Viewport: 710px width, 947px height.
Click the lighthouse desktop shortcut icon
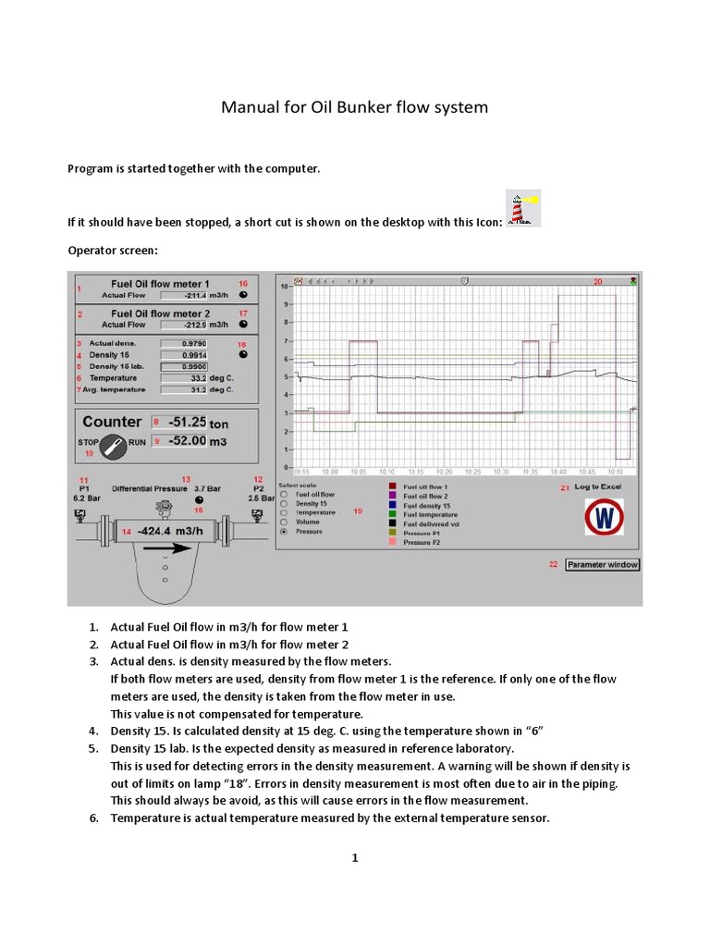523,208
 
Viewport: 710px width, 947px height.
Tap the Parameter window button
602,564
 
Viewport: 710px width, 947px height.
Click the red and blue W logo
604,517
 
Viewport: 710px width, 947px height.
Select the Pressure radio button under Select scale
283,532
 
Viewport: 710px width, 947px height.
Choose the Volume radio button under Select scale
283,522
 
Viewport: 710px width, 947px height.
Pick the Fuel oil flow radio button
283,495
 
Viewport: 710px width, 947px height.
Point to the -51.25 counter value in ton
186,422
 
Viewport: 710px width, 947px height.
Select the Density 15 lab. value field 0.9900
183,366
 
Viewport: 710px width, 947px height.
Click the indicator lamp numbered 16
243,295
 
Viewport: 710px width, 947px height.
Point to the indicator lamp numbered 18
243,353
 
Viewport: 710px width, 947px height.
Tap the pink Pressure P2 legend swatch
392,543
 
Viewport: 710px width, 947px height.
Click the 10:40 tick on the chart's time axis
559,472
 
